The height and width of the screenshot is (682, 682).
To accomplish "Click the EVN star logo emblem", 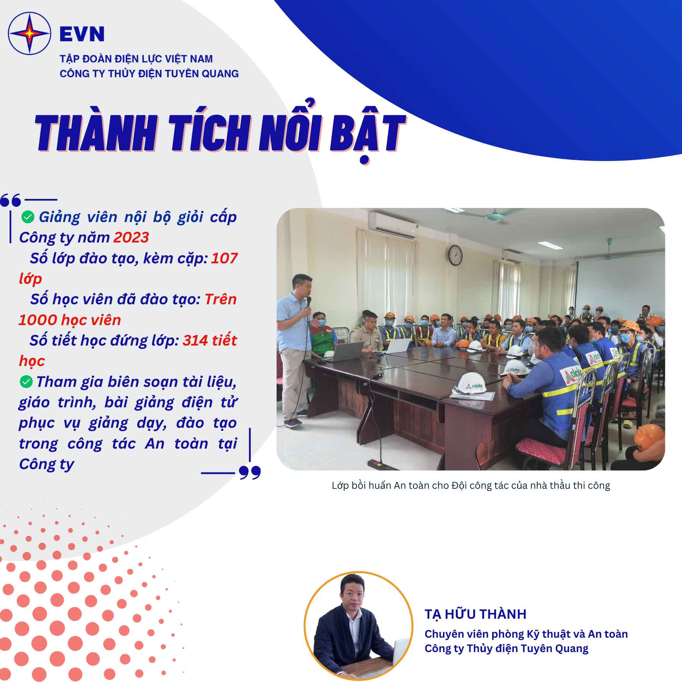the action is click(30, 33).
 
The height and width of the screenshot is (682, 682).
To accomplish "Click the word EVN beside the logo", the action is click(82, 34).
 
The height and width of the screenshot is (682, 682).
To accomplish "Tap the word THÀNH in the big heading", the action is click(97, 133).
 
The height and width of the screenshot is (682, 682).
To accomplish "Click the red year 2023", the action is click(131, 238).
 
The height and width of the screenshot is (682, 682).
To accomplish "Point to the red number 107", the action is click(224, 258).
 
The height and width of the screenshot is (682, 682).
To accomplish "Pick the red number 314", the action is click(196, 341).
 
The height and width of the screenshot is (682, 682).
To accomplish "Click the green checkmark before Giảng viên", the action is click(28, 217).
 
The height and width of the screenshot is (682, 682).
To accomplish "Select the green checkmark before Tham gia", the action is click(26, 382).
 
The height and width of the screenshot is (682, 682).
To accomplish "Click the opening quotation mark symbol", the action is click(11, 200).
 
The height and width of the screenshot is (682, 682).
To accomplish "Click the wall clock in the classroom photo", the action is click(455, 255).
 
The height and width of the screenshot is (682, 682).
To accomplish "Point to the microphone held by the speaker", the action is click(309, 302).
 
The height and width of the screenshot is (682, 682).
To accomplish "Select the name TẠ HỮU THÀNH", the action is click(476, 614).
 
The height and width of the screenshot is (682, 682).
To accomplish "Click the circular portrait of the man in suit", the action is click(358, 626).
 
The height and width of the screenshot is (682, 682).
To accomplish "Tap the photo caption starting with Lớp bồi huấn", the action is click(471, 486).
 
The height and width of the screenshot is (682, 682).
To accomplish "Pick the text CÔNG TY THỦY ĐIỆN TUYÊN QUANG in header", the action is click(149, 74).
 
